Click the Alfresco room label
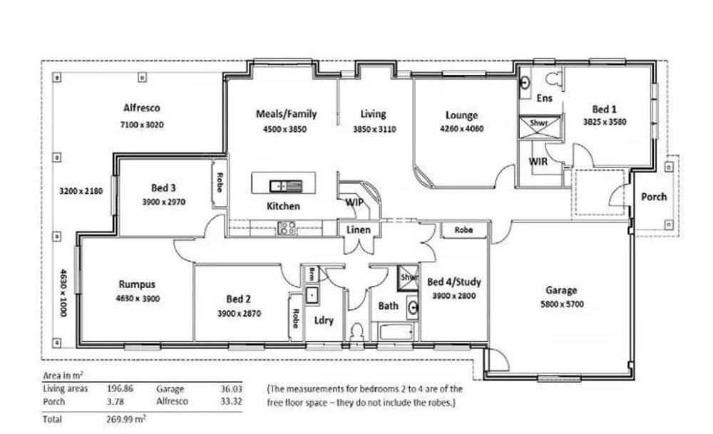point(142,108)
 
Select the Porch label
point(654,197)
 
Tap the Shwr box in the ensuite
point(540,123)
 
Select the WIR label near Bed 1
point(538,162)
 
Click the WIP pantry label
point(354,202)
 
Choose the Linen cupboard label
point(357,229)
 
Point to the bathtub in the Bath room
point(396,331)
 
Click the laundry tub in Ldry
point(312,294)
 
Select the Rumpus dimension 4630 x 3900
point(138,299)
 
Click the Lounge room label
point(461,115)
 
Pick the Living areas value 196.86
point(120,389)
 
